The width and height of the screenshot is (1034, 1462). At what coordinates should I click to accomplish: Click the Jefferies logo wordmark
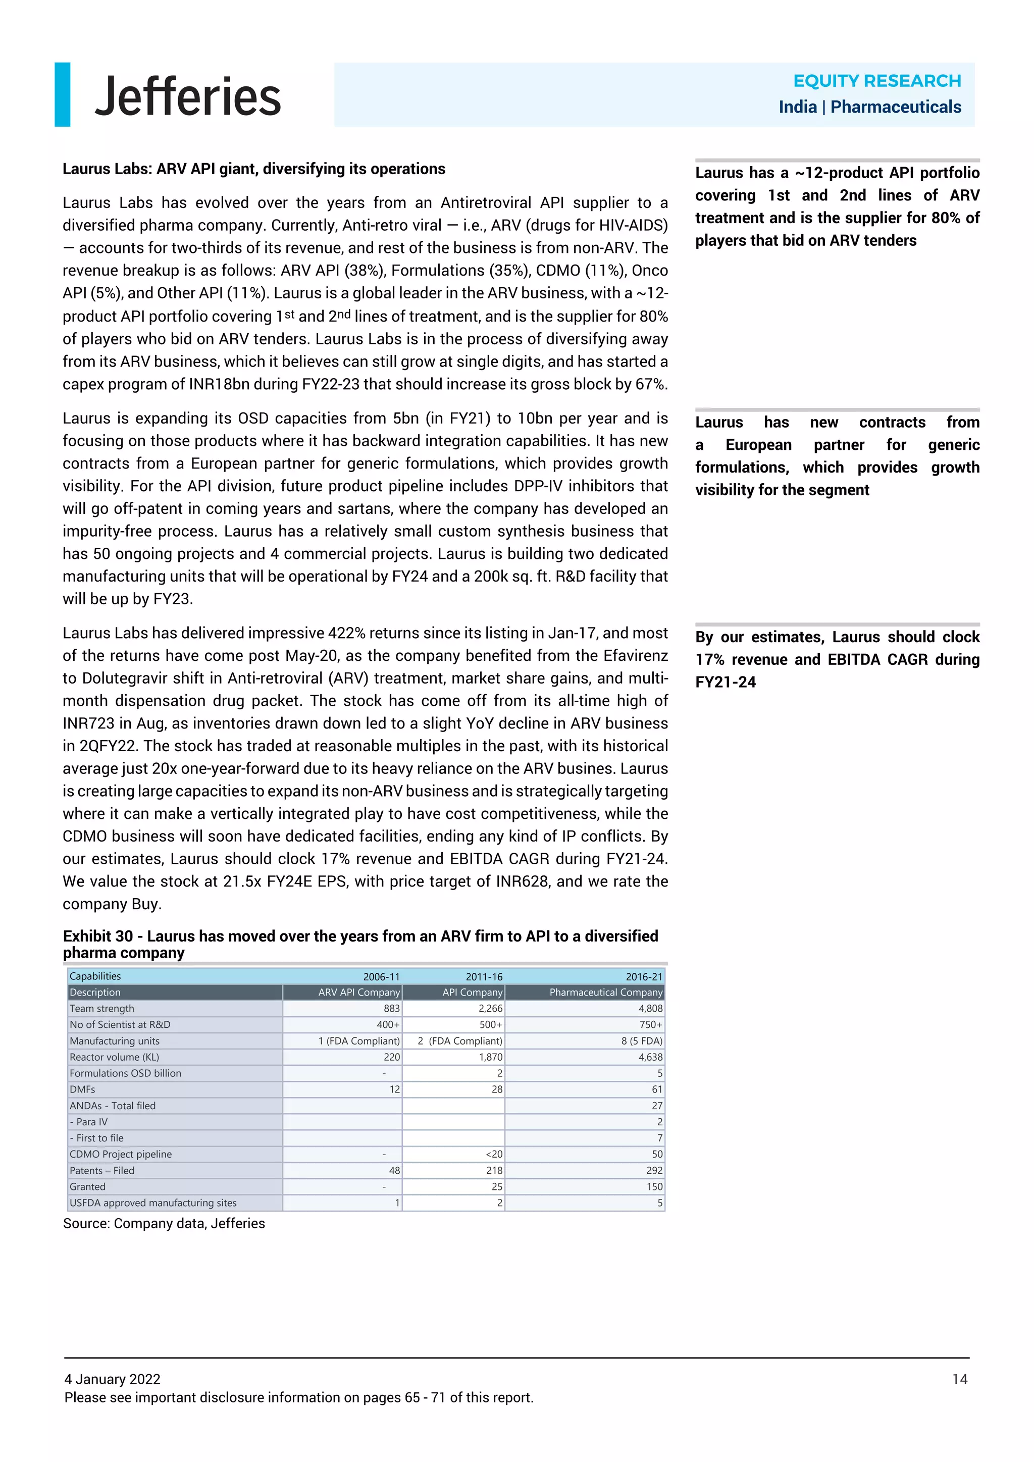click(x=187, y=96)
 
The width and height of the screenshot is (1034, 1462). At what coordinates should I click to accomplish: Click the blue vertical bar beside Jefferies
click(x=63, y=94)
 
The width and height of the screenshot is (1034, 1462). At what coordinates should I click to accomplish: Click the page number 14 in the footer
click(x=959, y=1379)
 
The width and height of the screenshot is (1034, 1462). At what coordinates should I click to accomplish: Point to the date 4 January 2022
click(x=112, y=1379)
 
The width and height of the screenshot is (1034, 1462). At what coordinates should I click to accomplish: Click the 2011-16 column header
click(x=483, y=976)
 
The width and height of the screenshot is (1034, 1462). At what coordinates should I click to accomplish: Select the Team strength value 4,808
click(x=650, y=1008)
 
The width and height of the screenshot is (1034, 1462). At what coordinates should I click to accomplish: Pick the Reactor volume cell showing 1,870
click(x=490, y=1057)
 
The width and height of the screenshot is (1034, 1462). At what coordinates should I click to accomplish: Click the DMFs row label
click(x=82, y=1089)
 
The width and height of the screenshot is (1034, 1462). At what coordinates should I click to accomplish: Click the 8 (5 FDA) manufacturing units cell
click(x=641, y=1040)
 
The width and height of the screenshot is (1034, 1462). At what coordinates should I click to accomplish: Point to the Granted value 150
click(x=654, y=1186)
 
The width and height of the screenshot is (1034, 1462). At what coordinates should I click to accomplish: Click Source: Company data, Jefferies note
click(x=164, y=1223)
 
